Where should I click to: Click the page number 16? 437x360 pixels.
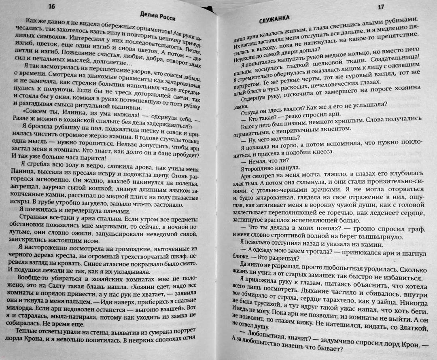pyautogui.click(x=51, y=5)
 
